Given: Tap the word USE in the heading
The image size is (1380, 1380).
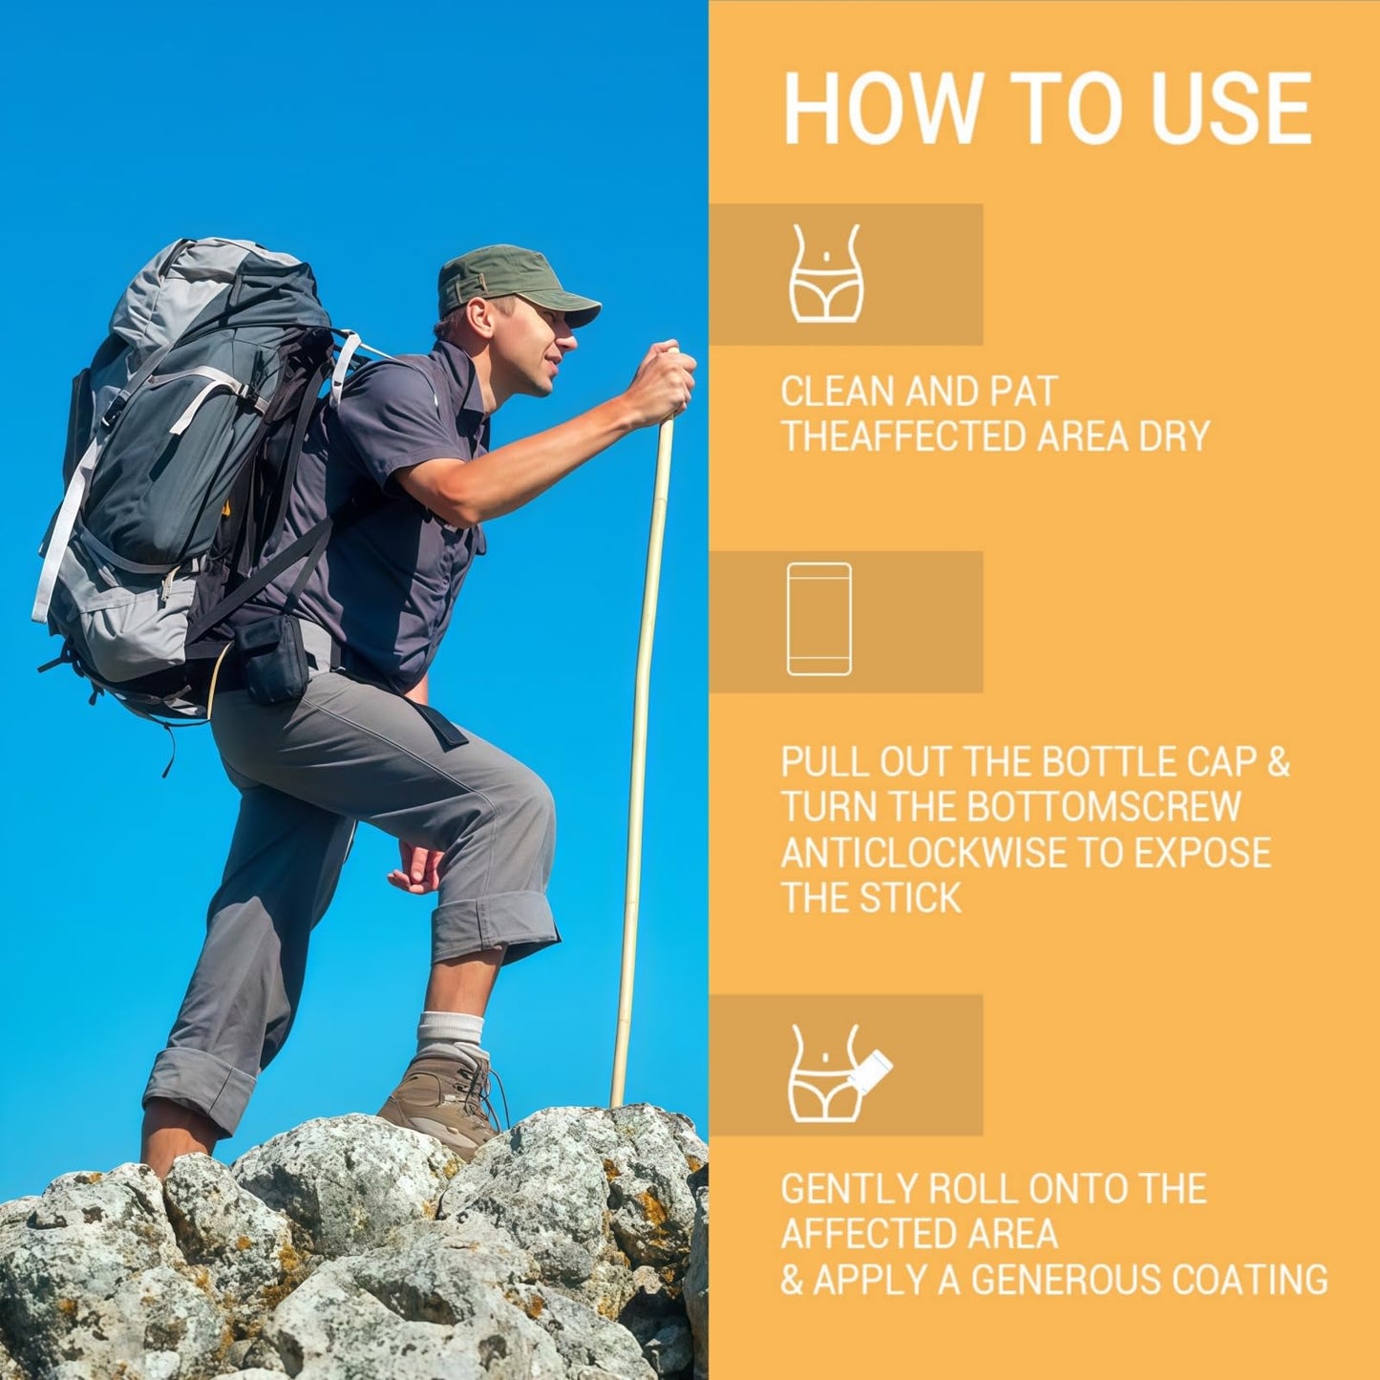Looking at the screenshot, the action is (1232, 110).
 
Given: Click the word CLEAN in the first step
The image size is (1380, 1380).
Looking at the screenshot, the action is (836, 393).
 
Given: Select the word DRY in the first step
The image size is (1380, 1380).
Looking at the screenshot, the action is (1179, 436).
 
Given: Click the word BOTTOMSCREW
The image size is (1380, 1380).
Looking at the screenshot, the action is (1104, 807).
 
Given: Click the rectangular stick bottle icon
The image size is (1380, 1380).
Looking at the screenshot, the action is (819, 620).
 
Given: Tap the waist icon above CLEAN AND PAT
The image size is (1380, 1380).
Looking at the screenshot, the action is (826, 273).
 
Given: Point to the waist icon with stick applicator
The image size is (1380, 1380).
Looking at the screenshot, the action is (839, 1073).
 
